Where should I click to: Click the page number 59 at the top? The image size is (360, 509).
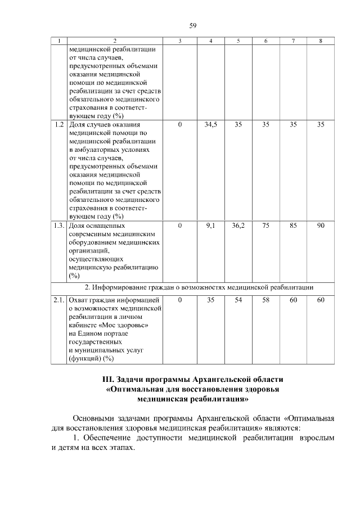192,25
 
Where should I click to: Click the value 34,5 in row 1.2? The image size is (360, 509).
210,125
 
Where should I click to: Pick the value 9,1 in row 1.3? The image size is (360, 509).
210,226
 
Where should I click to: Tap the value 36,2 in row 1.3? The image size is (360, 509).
238,226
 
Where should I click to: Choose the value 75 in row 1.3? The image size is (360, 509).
266,226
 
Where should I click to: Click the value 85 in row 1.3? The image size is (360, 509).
293,226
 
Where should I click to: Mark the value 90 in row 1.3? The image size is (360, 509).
320,226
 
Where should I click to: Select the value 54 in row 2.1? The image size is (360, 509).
238,300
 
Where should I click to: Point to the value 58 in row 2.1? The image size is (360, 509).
266,300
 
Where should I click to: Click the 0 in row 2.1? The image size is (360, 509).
179,300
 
